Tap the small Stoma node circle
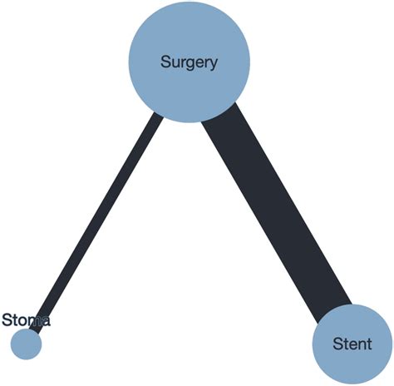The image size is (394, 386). pos(26,344)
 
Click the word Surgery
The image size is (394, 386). pos(189,62)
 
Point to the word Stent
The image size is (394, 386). pos(352,344)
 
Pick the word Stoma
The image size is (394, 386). pos(26,319)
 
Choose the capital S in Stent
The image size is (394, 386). pos(337,344)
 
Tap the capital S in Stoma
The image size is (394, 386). pos(7,319)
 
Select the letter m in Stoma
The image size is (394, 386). pos(33,320)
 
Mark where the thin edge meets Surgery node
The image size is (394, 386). pos(159,113)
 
